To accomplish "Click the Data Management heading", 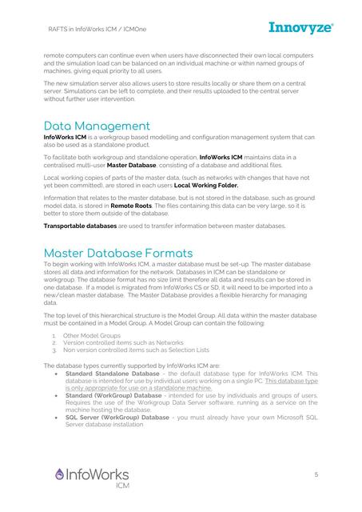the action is tap(97, 126).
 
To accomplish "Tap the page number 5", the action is tap(316, 474).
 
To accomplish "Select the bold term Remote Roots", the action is tap(132, 206).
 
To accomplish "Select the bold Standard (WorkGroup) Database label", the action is tap(113, 395).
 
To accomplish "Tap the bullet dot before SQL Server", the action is tap(54, 417).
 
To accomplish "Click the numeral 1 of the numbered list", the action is tap(53, 335).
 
